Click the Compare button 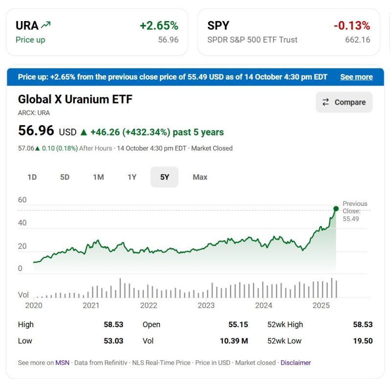click(x=344, y=102)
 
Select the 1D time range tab click(x=32, y=177)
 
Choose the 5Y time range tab click(x=164, y=177)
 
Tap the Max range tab click(x=200, y=177)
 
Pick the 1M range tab click(x=98, y=177)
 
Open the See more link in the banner click(x=356, y=77)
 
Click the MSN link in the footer click(x=62, y=363)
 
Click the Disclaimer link click(x=296, y=363)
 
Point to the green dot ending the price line click(x=336, y=209)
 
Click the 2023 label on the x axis click(x=206, y=306)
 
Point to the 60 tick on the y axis click(x=22, y=200)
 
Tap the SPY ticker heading click(x=218, y=25)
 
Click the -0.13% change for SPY click(x=351, y=25)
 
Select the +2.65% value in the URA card click(x=159, y=25)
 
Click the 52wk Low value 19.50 click(x=363, y=341)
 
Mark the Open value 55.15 click(x=238, y=324)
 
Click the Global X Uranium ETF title click(x=75, y=99)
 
